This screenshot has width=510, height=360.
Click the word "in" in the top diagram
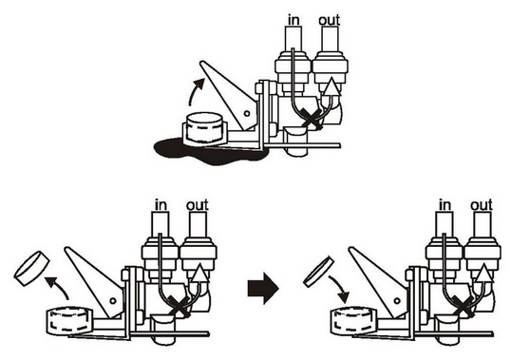pos(293,20)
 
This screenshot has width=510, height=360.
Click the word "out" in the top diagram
pos(330,20)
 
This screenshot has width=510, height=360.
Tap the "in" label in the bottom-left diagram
pos(161,205)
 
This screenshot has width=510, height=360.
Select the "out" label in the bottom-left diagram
pos(198,205)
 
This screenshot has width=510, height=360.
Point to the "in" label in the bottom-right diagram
pos(445,205)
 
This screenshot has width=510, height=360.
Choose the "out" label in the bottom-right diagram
pos(482,205)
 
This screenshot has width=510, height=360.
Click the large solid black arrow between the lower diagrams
pos(263,289)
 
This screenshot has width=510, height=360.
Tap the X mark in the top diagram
pos(312,119)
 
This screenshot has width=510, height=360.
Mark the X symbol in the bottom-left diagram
pos(179,306)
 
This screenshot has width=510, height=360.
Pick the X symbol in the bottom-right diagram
pos(463,306)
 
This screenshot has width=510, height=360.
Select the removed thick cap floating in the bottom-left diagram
pos(31,268)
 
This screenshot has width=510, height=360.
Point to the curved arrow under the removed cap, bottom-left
pos(57,287)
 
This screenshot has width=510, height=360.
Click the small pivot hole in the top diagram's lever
pos(247,113)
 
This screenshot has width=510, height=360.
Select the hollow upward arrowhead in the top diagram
pos(331,86)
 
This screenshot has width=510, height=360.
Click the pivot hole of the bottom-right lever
pos(397,301)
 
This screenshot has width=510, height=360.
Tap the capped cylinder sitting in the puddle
pos(204,128)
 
